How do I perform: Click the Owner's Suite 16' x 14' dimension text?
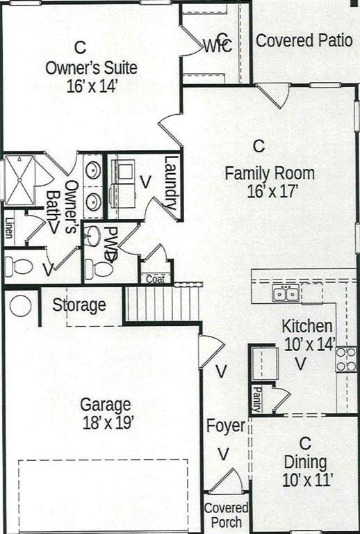(92, 86)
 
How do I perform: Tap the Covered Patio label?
(304, 40)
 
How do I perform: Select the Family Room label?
(270, 173)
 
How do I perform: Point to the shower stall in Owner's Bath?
(19, 180)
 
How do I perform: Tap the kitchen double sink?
(286, 294)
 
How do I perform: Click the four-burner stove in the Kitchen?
(346, 359)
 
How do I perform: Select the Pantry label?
(257, 399)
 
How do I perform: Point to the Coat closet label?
(156, 280)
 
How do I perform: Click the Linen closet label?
(10, 227)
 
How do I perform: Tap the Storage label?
(79, 305)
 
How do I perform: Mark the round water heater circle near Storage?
(20, 305)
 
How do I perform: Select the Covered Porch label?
(226, 515)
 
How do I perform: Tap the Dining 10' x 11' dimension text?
(307, 480)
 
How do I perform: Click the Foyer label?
(226, 426)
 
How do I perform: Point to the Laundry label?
(170, 183)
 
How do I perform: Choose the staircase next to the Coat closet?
(162, 303)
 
